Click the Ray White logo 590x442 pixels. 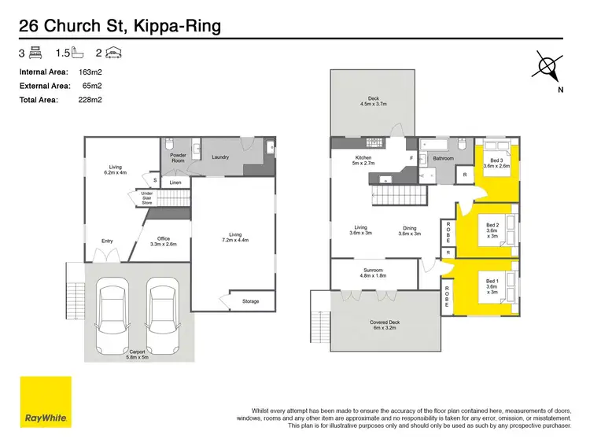click(x=45, y=401)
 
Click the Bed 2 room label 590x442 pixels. click(x=492, y=227)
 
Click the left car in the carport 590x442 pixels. click(x=115, y=319)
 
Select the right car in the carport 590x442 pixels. click(x=162, y=319)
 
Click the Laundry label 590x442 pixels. click(x=220, y=157)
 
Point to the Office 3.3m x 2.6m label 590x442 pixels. click(x=163, y=241)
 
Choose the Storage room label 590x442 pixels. click(x=250, y=302)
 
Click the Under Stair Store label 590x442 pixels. click(x=147, y=197)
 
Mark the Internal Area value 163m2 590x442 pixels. click(x=91, y=72)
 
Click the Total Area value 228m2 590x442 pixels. click(x=91, y=100)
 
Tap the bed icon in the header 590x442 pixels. click(x=35, y=53)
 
